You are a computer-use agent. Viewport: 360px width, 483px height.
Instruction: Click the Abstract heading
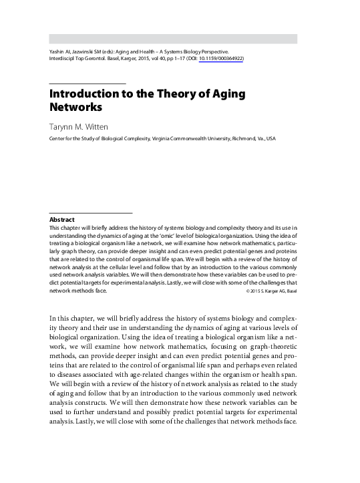click(x=61, y=219)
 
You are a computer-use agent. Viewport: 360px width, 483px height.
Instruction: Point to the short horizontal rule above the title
click(x=87, y=82)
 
